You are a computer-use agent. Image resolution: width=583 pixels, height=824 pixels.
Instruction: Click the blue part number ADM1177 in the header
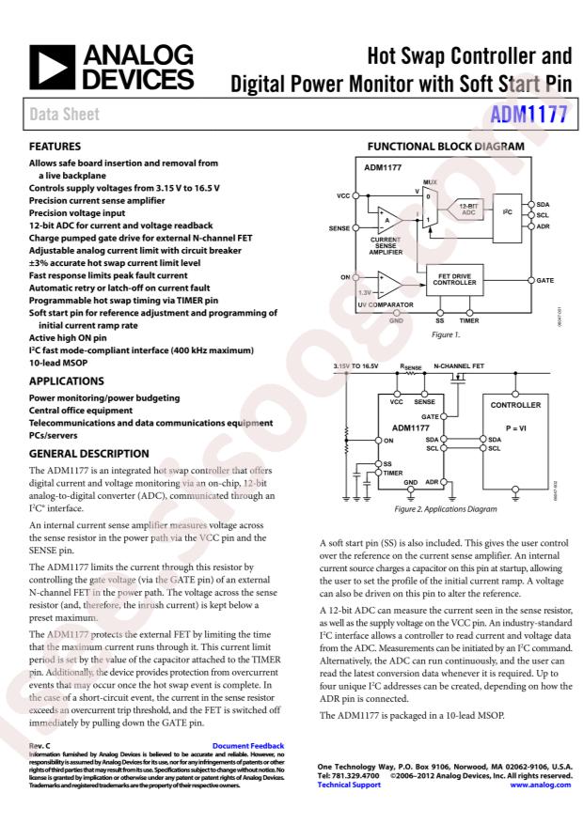[x=530, y=115]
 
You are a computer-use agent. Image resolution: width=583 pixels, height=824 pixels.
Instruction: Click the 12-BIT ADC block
[x=470, y=209]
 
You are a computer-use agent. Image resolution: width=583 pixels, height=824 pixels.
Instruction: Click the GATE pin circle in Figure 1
[x=530, y=280]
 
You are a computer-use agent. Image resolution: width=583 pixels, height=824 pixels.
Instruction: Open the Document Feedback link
[x=247, y=746]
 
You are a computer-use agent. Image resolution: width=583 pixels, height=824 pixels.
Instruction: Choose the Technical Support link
[x=349, y=784]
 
